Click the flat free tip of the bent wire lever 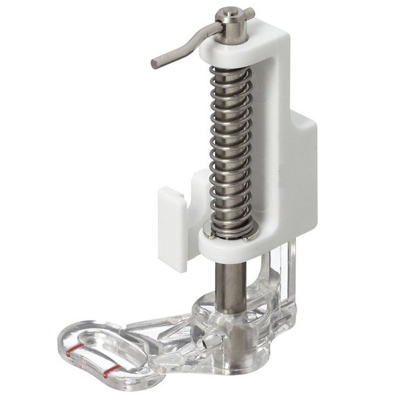coord(154,63)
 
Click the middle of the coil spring coord(230,147)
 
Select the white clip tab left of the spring coord(172,228)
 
